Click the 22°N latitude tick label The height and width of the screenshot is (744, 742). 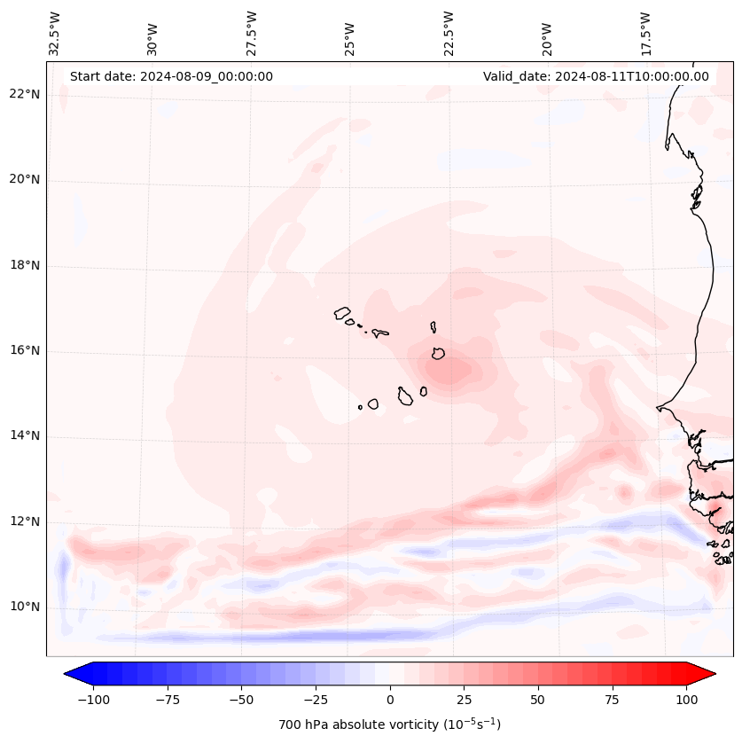click(x=24, y=94)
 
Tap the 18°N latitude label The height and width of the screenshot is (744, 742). click(x=24, y=265)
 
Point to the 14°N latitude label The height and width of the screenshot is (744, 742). click(x=24, y=435)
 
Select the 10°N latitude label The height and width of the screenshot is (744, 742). click(x=24, y=607)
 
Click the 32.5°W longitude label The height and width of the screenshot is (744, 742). click(x=55, y=34)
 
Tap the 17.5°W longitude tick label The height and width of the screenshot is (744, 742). click(x=646, y=34)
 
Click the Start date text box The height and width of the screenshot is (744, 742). click(x=171, y=76)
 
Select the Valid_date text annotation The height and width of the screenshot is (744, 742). click(x=596, y=76)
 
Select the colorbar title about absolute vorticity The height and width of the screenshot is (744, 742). click(x=389, y=724)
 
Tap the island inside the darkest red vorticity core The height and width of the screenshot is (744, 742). click(x=438, y=353)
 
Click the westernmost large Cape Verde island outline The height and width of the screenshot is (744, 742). click(x=342, y=313)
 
